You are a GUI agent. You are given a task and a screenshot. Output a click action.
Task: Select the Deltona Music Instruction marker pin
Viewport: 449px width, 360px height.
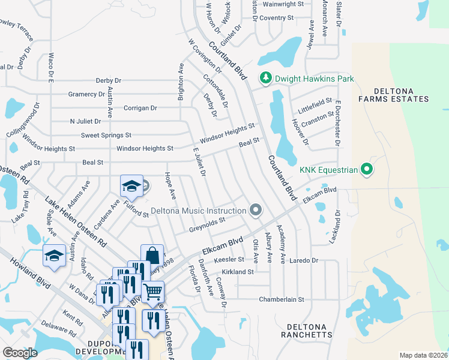click(256, 210)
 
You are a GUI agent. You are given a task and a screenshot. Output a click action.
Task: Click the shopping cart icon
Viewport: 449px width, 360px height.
click(153, 291)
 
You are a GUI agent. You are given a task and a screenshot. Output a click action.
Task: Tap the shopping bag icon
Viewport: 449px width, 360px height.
click(152, 254)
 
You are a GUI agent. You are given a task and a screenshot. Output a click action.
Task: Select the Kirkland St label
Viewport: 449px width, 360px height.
click(238, 272)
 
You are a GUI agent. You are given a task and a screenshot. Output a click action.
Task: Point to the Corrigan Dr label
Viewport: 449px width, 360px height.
click(140, 108)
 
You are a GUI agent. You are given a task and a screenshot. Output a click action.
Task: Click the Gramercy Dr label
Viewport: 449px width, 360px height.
click(86, 94)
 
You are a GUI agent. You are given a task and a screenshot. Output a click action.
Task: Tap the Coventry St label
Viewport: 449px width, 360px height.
click(276, 18)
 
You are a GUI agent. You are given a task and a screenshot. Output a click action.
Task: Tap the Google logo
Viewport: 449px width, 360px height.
click(20, 353)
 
